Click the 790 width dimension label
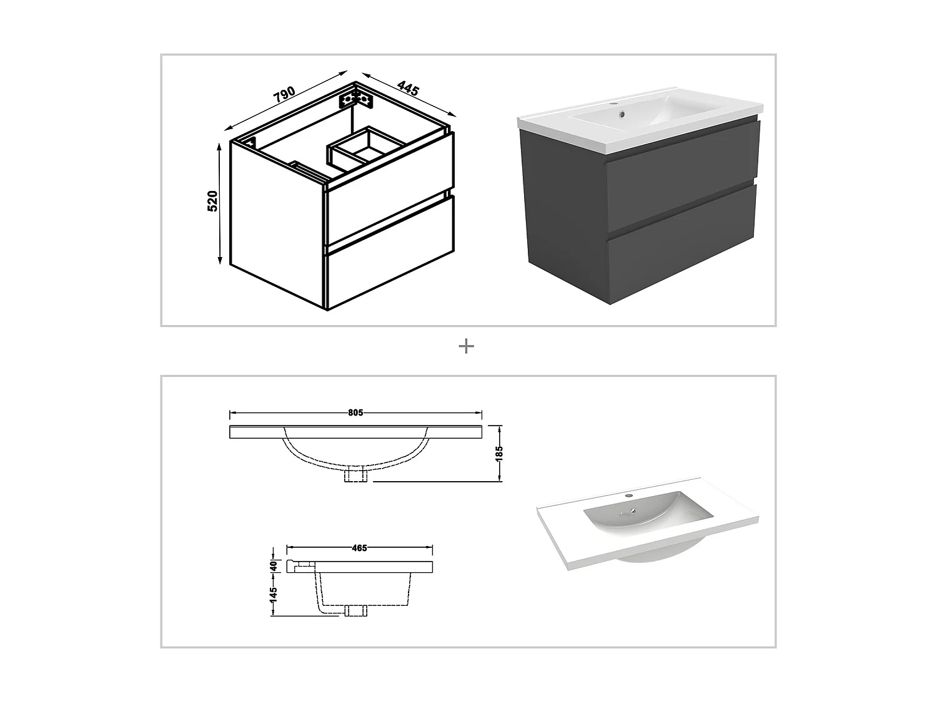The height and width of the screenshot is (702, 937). pos(284,95)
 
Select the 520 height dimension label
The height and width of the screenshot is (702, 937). pos(212,201)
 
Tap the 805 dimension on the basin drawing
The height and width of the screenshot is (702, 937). pos(355,412)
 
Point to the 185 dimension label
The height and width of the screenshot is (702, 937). pos(498,452)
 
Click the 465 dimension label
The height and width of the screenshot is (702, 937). pos(359,548)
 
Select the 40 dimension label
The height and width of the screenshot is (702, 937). pos(273,565)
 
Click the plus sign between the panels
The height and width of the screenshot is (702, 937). pos(466,346)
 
